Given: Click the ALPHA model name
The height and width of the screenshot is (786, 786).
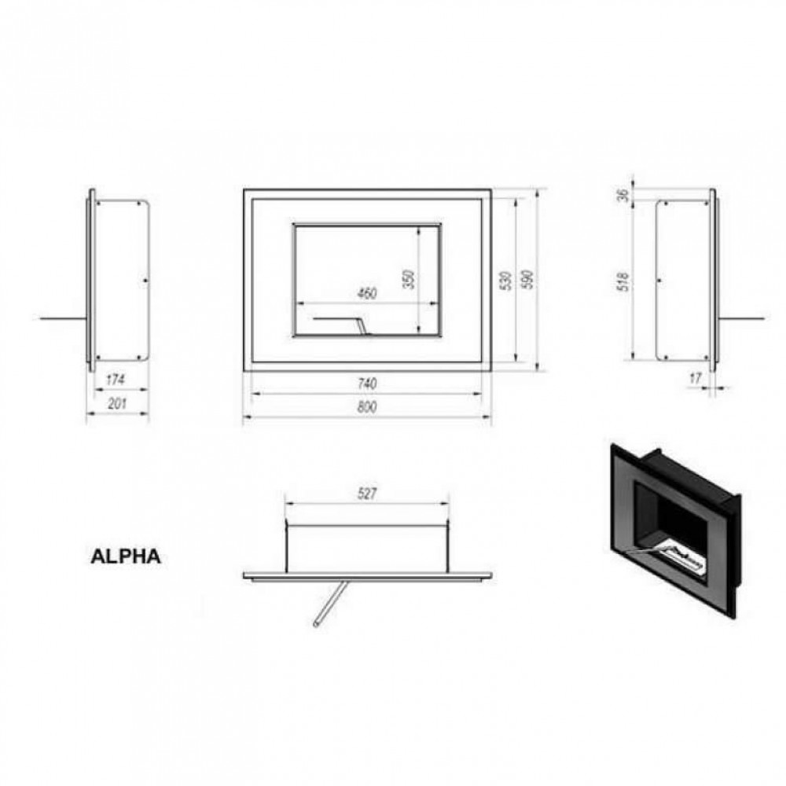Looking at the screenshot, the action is pyautogui.click(x=125, y=556).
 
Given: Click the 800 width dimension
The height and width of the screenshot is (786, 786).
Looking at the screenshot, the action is pyautogui.click(x=367, y=406).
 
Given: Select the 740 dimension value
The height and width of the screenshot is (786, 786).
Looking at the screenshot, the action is pyautogui.click(x=367, y=384).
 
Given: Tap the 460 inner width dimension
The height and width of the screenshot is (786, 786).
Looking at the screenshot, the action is pyautogui.click(x=367, y=293).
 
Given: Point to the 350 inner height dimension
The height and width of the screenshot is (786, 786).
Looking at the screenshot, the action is pyautogui.click(x=409, y=279).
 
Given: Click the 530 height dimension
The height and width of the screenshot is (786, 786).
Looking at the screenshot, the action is pyautogui.click(x=506, y=281).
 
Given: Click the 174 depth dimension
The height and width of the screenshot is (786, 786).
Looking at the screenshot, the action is pyautogui.click(x=116, y=380).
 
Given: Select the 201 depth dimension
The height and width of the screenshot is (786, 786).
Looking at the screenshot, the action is pyautogui.click(x=117, y=403).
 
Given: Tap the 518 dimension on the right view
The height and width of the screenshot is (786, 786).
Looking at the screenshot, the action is pyautogui.click(x=623, y=281).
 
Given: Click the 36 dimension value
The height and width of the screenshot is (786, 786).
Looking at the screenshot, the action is pyautogui.click(x=623, y=194).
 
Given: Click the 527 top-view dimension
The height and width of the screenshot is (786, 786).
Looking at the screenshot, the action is pyautogui.click(x=367, y=494).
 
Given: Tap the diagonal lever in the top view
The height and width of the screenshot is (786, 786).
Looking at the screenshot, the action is pyautogui.click(x=329, y=603).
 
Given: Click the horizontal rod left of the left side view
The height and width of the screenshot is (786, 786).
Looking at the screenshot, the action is pyautogui.click(x=64, y=318).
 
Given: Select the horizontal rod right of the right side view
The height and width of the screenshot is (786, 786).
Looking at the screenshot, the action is pyautogui.click(x=743, y=318).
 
